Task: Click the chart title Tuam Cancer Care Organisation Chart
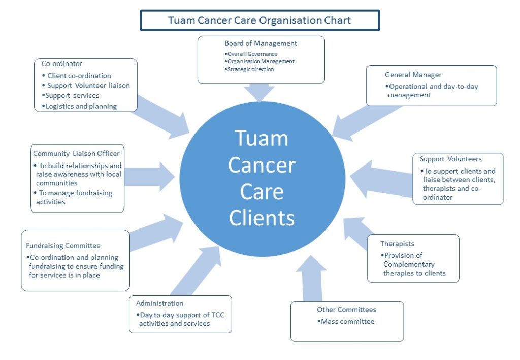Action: point(259,20)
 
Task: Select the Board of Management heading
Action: point(261,43)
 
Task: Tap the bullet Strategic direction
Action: point(249,69)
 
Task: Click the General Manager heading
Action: point(413,75)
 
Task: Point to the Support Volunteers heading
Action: point(451,159)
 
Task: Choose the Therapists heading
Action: point(397,244)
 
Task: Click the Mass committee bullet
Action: point(346,321)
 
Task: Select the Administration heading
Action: point(159,303)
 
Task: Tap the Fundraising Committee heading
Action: point(63,246)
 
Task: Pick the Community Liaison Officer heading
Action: point(76,153)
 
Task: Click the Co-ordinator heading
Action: point(61,63)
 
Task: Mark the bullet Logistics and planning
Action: point(79,106)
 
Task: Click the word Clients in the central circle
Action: point(262,218)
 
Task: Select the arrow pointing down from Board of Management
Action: point(259,92)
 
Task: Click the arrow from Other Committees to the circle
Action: point(312,278)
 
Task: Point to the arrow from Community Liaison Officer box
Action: point(150,177)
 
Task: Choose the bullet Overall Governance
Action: point(251,54)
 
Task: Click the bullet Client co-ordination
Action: point(76,76)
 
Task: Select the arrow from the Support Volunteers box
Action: point(381,179)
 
